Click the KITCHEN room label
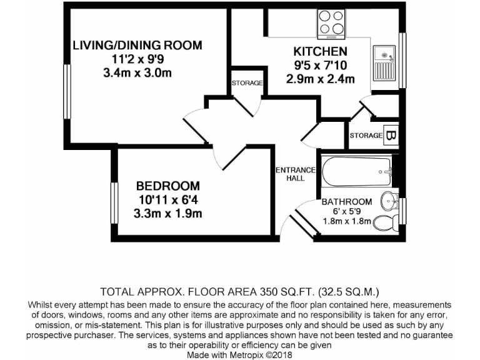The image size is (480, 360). click(x=320, y=51)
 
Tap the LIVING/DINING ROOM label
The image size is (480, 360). click(x=137, y=45)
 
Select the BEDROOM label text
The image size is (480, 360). click(x=168, y=186)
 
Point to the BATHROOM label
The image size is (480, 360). click(x=346, y=202)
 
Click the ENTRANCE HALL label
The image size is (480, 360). click(x=296, y=174)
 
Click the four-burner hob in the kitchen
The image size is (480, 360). click(x=331, y=22)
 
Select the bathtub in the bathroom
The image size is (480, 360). click(x=356, y=169)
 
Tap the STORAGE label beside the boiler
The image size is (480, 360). click(x=366, y=136)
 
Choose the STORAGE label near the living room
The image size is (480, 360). click(x=247, y=82)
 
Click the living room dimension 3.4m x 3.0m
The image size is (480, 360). click(x=137, y=72)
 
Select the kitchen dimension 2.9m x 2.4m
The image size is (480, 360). click(x=320, y=79)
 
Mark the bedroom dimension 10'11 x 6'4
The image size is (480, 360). click(x=168, y=200)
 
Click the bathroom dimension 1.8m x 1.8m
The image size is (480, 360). click(x=346, y=221)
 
